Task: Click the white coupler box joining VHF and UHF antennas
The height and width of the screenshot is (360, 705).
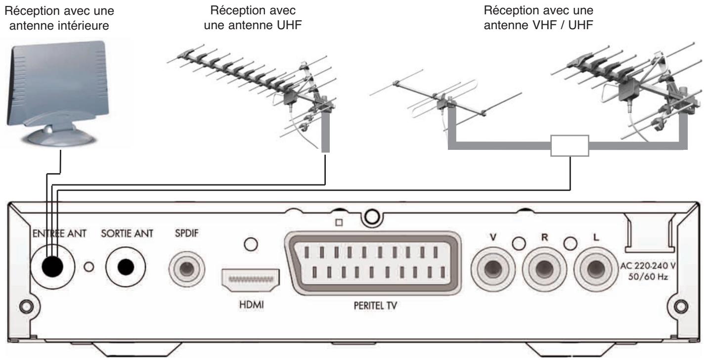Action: tap(570, 147)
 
